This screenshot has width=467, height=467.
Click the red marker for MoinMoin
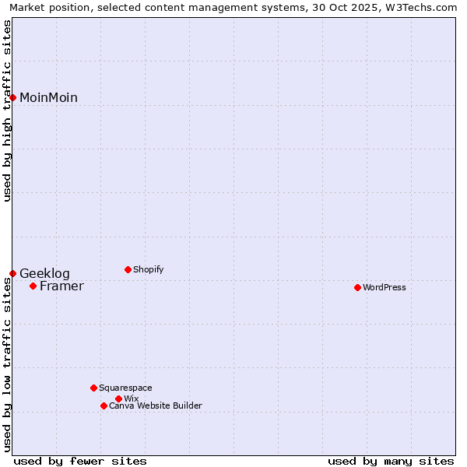13,97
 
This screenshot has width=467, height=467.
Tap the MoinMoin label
48,98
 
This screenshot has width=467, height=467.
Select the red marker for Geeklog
13,273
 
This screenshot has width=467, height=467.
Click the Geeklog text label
44,274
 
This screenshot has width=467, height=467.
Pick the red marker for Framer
33,286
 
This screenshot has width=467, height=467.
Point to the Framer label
61,286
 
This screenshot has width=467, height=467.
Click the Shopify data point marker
128,269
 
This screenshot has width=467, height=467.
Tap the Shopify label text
148,270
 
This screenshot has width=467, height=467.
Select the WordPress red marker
357,287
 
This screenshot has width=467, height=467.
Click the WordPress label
384,288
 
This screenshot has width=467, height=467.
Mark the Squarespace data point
93,388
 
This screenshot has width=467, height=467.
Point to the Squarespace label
125,388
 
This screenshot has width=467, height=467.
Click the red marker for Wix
118,399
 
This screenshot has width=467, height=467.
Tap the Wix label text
131,399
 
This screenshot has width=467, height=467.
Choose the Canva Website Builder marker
104,406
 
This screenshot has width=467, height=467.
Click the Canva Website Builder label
155,406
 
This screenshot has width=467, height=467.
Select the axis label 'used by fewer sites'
80,461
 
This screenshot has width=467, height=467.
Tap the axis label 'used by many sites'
391,461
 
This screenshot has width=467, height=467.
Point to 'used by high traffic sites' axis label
7,111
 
